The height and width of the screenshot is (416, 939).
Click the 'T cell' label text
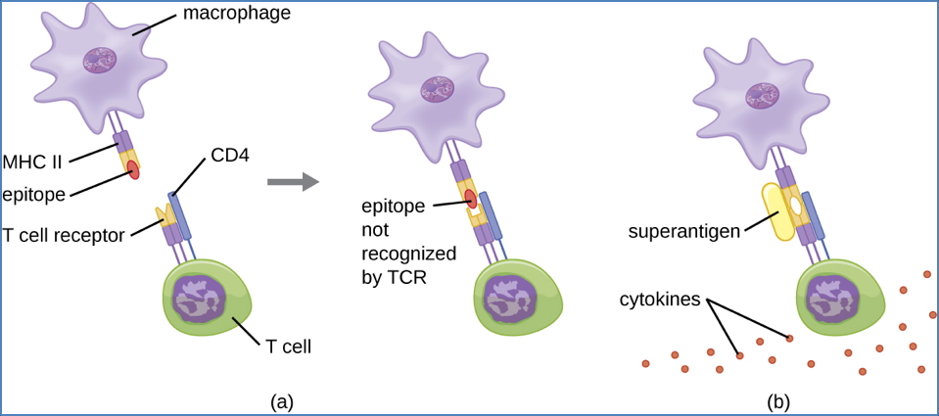[288, 345]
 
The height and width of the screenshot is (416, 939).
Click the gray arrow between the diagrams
[293, 181]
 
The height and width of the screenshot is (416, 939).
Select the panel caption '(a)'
[281, 400]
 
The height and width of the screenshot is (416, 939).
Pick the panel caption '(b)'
[778, 400]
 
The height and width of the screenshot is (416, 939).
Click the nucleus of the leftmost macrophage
[102, 62]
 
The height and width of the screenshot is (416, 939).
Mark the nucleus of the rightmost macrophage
[762, 95]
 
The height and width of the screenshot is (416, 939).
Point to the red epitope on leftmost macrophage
[131, 172]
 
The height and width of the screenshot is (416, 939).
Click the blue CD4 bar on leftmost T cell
[180, 215]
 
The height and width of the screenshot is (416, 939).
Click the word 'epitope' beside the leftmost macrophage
[33, 194]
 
